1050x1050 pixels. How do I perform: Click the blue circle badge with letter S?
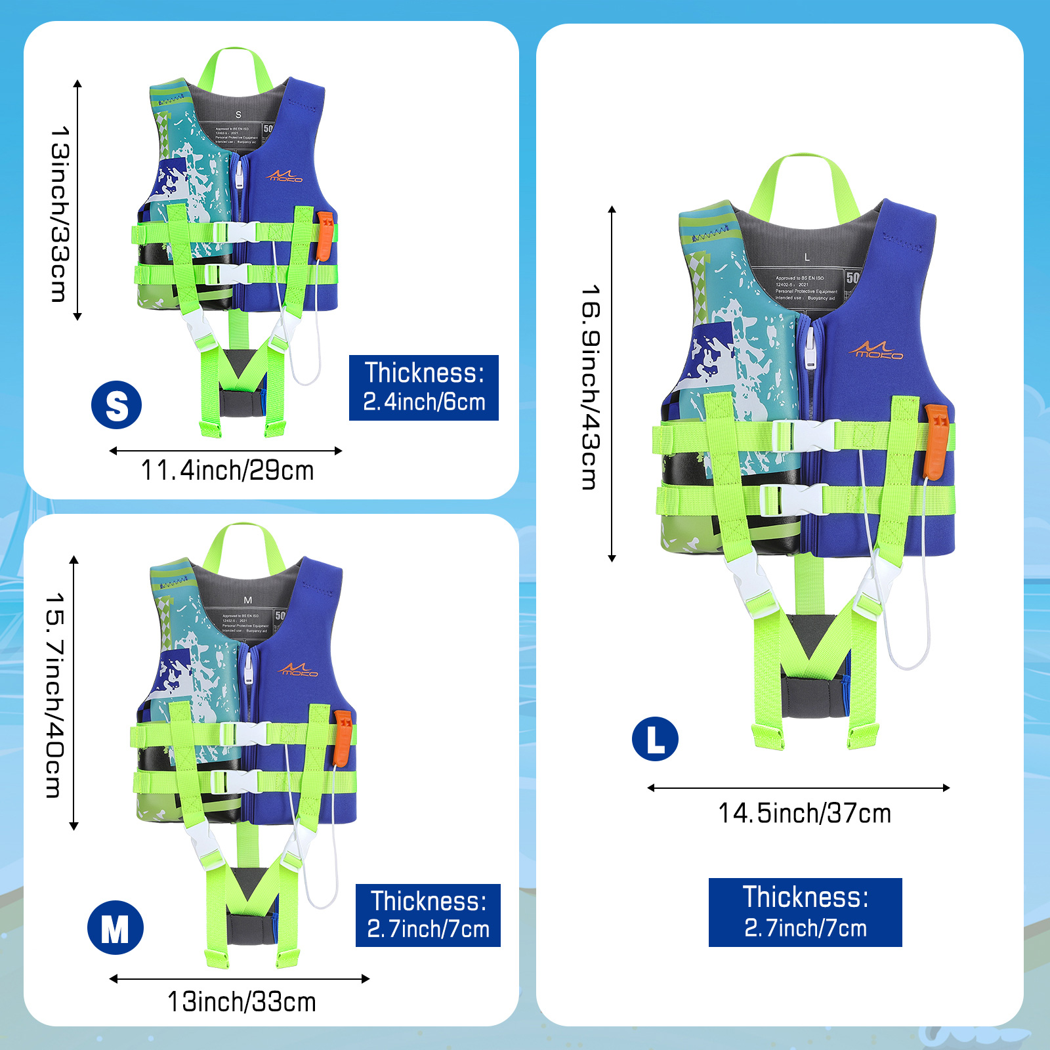(x=117, y=405)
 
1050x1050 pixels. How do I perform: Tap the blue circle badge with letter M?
(x=115, y=927)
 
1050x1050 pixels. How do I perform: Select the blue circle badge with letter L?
(x=655, y=739)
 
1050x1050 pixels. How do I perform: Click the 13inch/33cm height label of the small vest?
(x=60, y=214)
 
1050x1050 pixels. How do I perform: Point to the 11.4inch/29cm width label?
(x=227, y=471)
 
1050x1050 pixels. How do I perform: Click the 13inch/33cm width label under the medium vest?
(x=241, y=1002)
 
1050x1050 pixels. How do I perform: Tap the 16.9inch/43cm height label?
(x=591, y=387)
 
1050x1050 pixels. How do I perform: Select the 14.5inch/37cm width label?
(x=805, y=813)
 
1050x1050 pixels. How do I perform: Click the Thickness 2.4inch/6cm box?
(x=424, y=388)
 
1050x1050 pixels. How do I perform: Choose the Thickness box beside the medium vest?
(x=428, y=915)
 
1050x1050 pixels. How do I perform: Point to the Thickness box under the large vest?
(x=805, y=912)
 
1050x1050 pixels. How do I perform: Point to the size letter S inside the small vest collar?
(x=238, y=115)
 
